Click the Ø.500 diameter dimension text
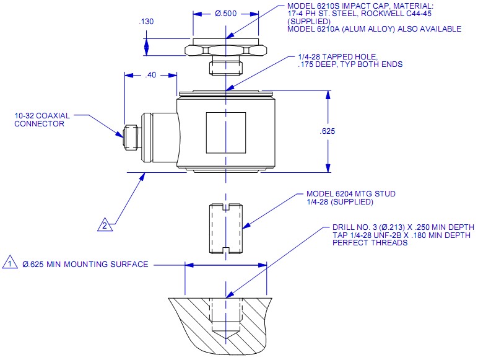point(226,13)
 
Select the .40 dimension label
point(150,75)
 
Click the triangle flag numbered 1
point(11,263)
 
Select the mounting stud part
point(225,229)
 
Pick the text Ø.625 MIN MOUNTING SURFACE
point(85,265)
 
